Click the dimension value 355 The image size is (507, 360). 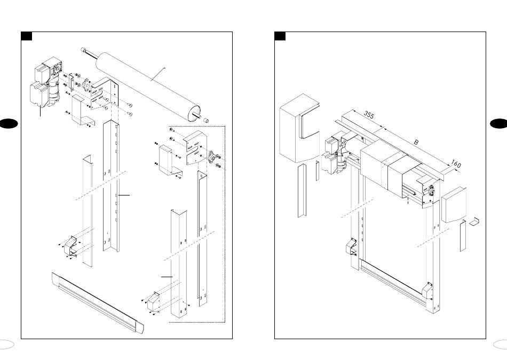tap(369, 115)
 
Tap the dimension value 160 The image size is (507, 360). tap(456, 164)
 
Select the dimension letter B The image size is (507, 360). tap(416, 142)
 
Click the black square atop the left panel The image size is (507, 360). tap(27, 36)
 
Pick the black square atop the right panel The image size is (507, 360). tap(280, 36)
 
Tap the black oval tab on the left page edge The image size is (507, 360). tap(8, 124)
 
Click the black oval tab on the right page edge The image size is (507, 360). tap(499, 124)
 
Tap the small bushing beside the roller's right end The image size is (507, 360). tap(205, 121)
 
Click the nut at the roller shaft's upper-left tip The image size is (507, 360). tap(84, 50)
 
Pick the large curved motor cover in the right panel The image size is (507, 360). tap(299, 128)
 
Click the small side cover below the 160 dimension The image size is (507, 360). tap(454, 205)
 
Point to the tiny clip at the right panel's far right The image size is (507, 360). tap(474, 222)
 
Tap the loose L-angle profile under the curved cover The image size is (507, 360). tap(302, 191)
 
